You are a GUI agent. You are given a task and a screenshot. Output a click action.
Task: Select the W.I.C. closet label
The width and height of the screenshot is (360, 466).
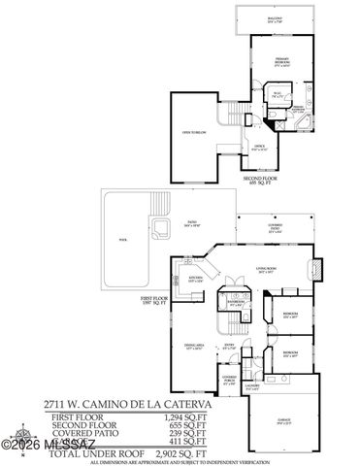(277, 95)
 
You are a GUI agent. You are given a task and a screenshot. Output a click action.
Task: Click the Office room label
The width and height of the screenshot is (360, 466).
(259, 148)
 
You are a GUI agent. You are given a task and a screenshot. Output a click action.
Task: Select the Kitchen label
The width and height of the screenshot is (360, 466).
(194, 279)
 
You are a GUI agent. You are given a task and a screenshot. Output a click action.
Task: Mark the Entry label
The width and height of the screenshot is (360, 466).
(230, 346)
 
